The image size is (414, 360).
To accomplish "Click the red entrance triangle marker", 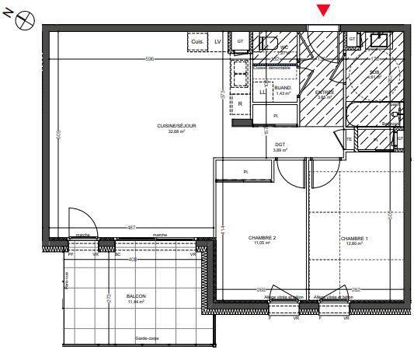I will point(324,10).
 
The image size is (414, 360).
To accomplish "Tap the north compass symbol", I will point(24,17).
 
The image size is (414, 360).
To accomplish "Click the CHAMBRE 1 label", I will point(353,239).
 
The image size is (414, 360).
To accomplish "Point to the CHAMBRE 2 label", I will point(263,239).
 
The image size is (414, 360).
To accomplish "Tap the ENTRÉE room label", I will point(324,94).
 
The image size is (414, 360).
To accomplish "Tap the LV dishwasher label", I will point(217,40).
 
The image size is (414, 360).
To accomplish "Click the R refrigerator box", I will point(240,103).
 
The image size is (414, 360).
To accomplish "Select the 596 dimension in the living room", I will point(150,60).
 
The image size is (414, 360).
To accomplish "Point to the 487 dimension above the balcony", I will point(131,227).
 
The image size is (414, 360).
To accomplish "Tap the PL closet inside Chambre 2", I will point(245,171).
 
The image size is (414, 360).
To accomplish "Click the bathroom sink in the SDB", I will point(381,39).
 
